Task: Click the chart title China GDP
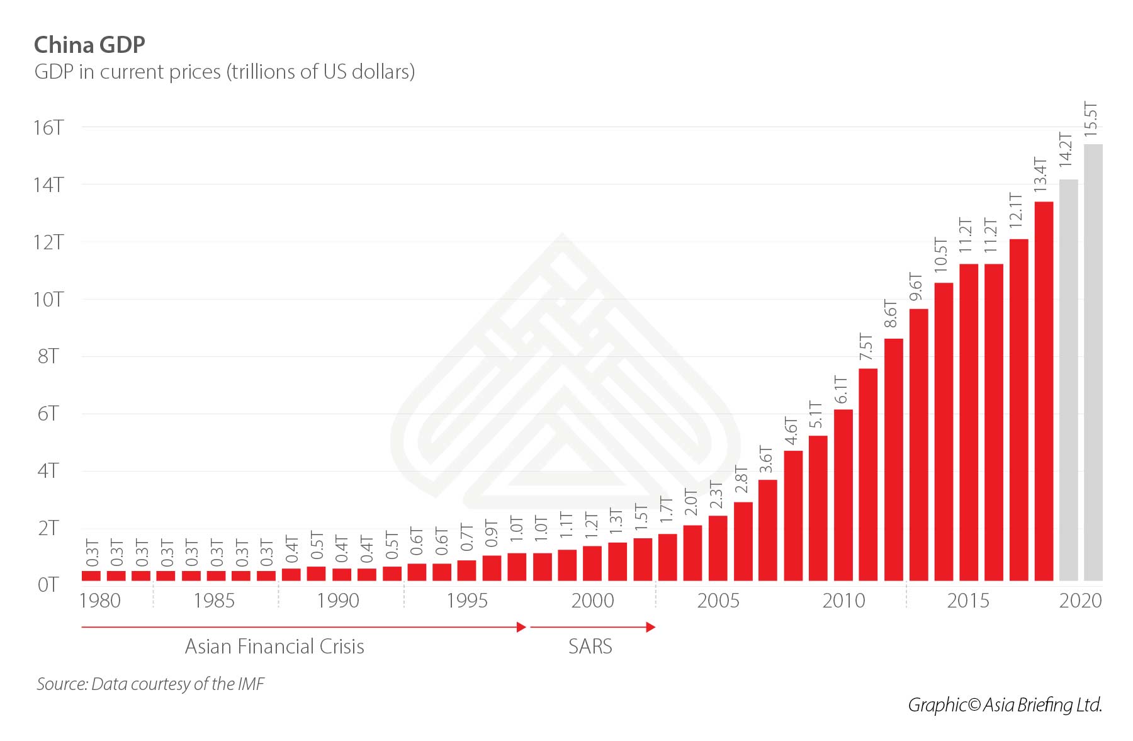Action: pos(89,45)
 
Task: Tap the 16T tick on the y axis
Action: pos(48,128)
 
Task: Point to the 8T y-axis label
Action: pos(48,356)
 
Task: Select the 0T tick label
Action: pos(48,585)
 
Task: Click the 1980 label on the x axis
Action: pos(100,601)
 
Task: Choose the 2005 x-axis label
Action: pos(718,601)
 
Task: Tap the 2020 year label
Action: pos(1080,601)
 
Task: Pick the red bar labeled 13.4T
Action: pos(1044,390)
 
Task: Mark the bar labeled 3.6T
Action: pos(768,529)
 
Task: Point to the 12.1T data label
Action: pos(1015,210)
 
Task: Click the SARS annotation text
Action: pos(590,647)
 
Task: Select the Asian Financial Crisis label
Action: pos(274,647)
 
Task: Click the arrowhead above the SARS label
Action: pos(651,627)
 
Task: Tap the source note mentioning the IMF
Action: pos(150,684)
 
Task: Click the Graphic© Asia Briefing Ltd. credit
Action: pos(1005,705)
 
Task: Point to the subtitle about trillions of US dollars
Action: pos(225,72)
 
